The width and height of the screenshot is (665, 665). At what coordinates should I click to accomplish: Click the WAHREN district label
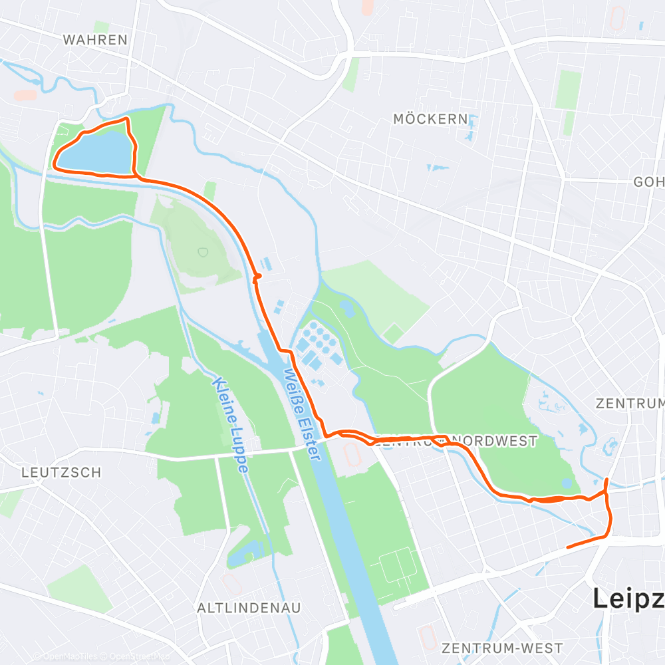tap(94, 40)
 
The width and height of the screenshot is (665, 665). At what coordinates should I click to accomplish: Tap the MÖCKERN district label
tap(430, 119)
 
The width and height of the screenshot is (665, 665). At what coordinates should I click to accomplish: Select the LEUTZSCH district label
tap(61, 473)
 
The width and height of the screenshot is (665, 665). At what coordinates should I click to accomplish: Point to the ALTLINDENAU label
tap(249, 608)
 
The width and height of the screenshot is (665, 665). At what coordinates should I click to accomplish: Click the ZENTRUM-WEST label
tap(502, 648)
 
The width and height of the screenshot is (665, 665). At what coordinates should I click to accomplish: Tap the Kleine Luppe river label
tap(231, 426)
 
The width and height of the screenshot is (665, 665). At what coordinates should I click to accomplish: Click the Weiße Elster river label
tap(302, 414)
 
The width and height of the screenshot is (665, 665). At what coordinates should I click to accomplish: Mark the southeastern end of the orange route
tap(567, 547)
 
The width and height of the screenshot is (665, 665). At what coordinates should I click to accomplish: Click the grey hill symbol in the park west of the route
tap(202, 252)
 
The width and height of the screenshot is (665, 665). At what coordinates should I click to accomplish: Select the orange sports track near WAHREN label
tap(25, 95)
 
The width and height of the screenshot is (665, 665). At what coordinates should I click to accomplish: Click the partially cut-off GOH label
tap(648, 182)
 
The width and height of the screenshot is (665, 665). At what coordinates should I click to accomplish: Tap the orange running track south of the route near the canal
tap(351, 456)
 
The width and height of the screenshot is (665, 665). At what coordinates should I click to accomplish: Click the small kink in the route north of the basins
tap(258, 276)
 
